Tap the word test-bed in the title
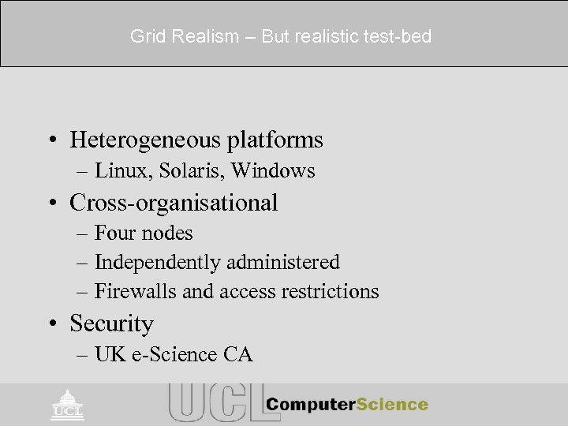coord(401,37)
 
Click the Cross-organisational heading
coord(174,203)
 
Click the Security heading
coord(111,323)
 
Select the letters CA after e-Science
coord(236,355)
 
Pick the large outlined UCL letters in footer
coord(213,403)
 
